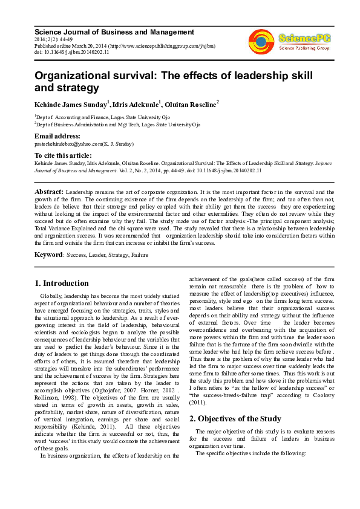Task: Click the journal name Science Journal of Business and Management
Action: tap(114, 31)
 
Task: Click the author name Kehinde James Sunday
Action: tap(70, 105)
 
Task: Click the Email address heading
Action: tap(57, 136)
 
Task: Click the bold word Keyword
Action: tap(49, 255)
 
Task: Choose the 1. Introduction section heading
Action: tap(62, 283)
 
